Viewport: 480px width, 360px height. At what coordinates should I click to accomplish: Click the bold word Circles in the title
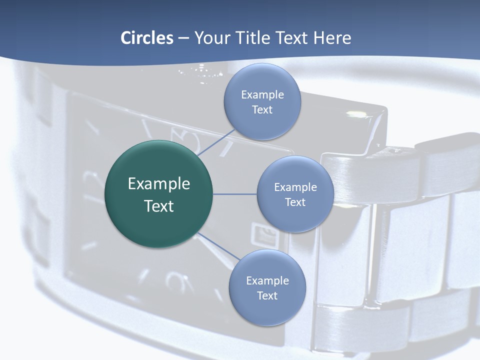click(147, 38)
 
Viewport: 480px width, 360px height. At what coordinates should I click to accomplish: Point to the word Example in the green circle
click(159, 184)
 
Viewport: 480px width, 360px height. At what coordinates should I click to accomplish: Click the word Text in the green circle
click(159, 206)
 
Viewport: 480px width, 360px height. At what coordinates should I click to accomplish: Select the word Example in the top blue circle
click(262, 95)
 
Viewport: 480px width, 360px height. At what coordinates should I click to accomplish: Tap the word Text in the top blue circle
click(262, 110)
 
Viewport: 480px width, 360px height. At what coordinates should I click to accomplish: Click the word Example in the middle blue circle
click(295, 187)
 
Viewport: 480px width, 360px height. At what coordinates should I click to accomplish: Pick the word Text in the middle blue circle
click(295, 202)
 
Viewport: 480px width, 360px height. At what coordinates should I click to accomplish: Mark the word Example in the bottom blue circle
click(267, 281)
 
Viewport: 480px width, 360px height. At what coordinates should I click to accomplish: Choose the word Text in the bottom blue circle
click(267, 296)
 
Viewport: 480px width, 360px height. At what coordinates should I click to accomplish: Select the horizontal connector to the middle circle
click(235, 194)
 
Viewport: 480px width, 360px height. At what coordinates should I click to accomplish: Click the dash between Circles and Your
click(183, 38)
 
